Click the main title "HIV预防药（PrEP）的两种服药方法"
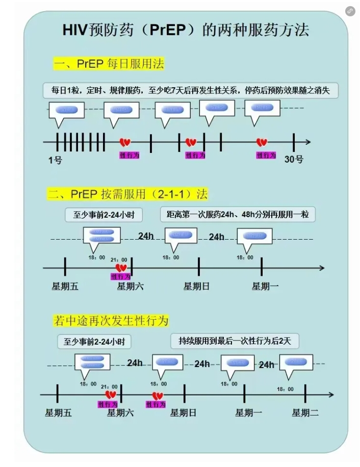pyautogui.click(x=186, y=30)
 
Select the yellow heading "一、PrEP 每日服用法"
pyautogui.click(x=109, y=64)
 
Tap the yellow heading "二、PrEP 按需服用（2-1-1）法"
pyautogui.click(x=127, y=194)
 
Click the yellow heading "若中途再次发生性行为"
pyautogui.click(x=111, y=321)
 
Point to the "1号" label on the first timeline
pyautogui.click(x=55, y=160)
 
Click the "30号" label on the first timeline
pyautogui.click(x=294, y=160)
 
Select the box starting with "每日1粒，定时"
pyautogui.click(x=191, y=91)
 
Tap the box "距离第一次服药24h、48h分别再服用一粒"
pyautogui.click(x=238, y=215)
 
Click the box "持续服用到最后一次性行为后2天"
pyautogui.click(x=235, y=341)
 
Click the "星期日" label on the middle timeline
pyautogui.click(x=196, y=287)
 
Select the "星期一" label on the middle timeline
pyautogui.click(x=265, y=287)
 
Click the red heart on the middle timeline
pyautogui.click(x=121, y=267)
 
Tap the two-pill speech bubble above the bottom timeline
pyautogui.click(x=92, y=362)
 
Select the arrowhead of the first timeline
pyautogui.click(x=307, y=142)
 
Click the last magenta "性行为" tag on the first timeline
pyautogui.click(x=266, y=155)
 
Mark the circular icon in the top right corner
pyautogui.click(x=350, y=11)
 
